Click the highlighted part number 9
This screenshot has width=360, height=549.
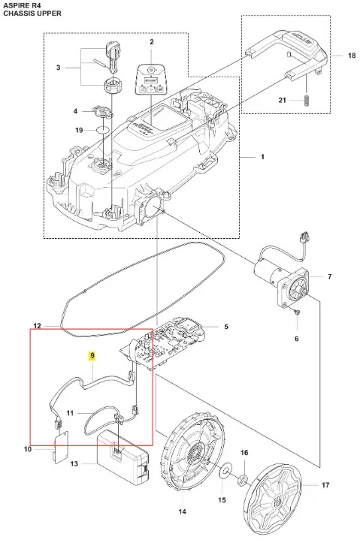(92, 356)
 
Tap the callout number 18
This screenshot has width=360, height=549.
(352, 56)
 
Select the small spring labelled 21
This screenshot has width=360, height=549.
(307, 101)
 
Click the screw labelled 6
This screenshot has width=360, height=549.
(297, 312)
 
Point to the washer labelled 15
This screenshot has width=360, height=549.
(223, 473)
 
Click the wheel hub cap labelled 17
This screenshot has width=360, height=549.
(273, 497)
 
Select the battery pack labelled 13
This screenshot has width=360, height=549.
(123, 457)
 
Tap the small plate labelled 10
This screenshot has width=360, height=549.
(61, 447)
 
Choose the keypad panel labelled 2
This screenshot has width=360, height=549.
(151, 79)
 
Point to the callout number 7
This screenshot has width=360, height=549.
(329, 276)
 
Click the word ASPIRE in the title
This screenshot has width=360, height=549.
(15, 5)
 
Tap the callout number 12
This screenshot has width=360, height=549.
(37, 326)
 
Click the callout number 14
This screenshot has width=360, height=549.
(183, 511)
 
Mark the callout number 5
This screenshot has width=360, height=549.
(226, 327)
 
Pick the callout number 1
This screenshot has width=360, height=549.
(262, 157)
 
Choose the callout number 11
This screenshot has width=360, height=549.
(70, 413)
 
